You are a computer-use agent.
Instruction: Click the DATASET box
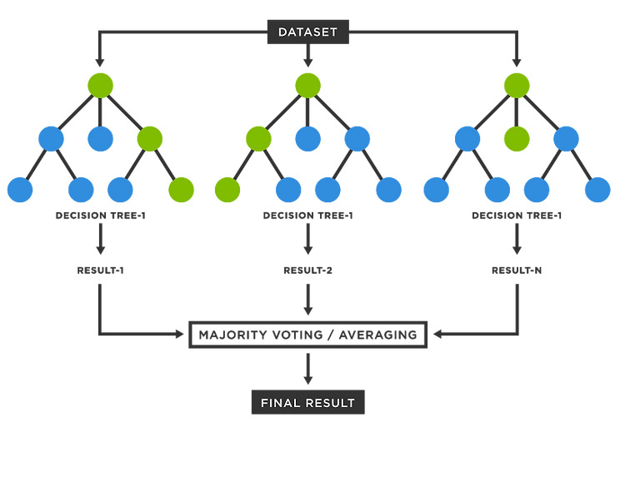pos(308,32)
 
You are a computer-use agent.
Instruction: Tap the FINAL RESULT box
pos(308,403)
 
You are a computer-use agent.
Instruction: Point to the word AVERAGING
pos(377,335)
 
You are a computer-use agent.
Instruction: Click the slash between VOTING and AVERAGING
pos(331,335)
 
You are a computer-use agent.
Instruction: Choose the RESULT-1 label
pos(101,271)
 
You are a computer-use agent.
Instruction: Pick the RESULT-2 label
pos(307,271)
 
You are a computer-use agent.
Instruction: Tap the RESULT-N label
pos(517,271)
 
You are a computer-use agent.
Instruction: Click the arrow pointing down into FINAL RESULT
pos(307,369)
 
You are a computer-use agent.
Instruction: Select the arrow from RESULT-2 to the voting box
pos(307,300)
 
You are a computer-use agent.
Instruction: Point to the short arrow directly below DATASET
pos(307,55)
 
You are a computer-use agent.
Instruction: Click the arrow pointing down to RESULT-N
pos(517,238)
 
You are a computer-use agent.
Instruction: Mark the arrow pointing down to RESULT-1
pos(101,238)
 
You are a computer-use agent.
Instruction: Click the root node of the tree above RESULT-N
pos(517,86)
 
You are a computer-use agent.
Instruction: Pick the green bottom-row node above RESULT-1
pos(182,190)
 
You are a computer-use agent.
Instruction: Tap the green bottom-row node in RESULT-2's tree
pos(227,190)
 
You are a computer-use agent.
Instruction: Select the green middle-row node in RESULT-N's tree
pos(517,139)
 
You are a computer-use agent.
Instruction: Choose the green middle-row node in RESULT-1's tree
pos(150,139)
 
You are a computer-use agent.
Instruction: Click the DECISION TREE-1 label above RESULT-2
pos(307,216)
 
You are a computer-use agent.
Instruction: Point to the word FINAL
pos(277,403)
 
